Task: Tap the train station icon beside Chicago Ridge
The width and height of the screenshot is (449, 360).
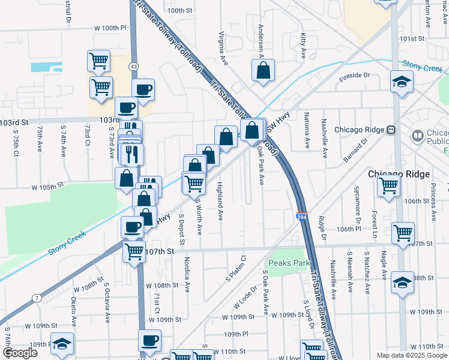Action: point(390,130)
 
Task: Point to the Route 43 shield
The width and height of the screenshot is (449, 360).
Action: point(133,65)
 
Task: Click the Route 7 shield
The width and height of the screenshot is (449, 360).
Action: point(37,298)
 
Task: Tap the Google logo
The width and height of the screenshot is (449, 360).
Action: point(20,353)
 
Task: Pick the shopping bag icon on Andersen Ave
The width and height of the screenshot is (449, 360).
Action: point(263,71)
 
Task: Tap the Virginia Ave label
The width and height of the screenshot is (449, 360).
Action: point(223,49)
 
